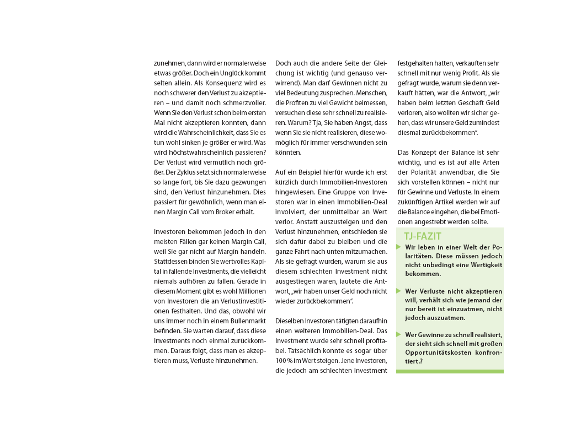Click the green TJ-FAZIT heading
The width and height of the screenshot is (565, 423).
(x=422, y=236)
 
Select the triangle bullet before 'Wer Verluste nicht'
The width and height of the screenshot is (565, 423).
(x=399, y=290)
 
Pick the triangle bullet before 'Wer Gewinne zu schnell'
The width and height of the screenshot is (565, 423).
(x=399, y=334)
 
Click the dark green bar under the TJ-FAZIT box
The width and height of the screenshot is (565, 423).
(x=450, y=371)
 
